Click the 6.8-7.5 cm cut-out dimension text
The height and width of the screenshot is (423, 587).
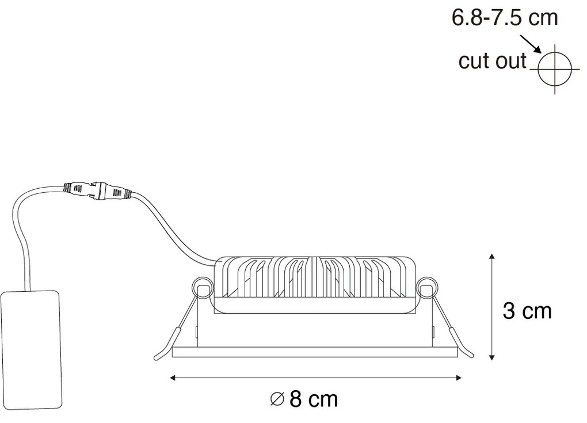[504, 18]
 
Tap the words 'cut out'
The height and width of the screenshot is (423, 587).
[492, 60]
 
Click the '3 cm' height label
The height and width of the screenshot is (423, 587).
[527, 311]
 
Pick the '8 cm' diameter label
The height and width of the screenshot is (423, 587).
[313, 399]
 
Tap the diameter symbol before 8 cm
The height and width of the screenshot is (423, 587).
[277, 399]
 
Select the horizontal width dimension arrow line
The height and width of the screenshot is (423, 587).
[317, 378]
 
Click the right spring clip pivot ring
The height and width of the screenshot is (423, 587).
[427, 287]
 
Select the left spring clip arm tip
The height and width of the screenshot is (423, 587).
[158, 356]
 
